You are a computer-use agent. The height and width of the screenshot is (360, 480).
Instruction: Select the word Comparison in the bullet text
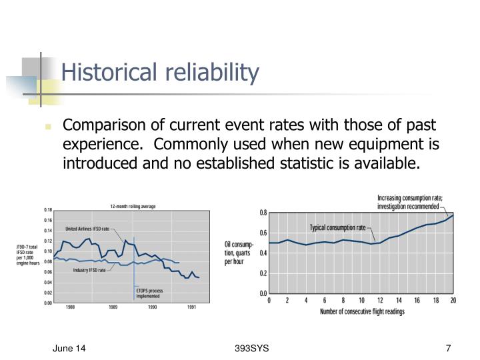tap(103, 126)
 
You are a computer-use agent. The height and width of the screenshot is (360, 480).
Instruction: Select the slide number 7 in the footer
tap(448, 349)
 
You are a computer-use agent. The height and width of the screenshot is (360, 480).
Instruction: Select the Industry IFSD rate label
tap(89, 271)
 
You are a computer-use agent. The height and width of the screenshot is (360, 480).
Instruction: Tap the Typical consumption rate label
tap(337, 227)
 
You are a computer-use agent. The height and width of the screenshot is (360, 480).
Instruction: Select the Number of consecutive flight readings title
tap(361, 311)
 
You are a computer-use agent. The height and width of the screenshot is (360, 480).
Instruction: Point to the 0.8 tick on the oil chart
tap(263, 213)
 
